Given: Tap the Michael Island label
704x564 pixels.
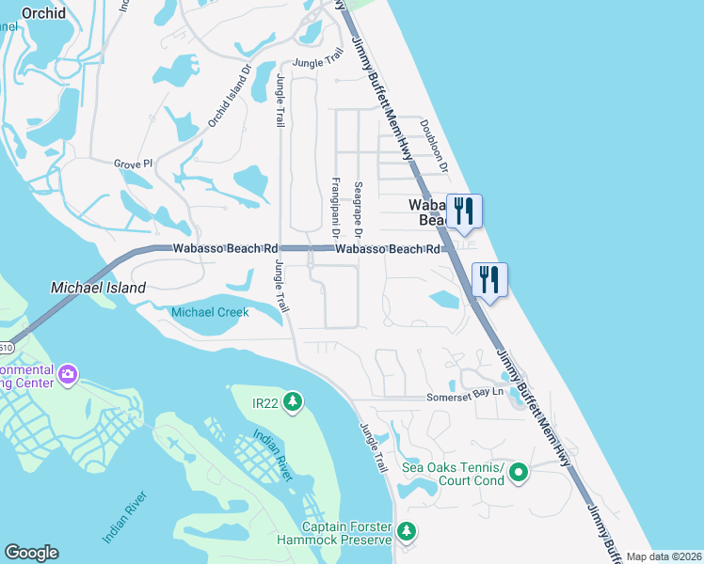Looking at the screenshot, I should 99,287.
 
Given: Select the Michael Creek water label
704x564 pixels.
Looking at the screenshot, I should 208,312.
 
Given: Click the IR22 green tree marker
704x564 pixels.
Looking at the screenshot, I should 293,403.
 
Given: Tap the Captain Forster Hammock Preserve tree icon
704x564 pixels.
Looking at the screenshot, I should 406,531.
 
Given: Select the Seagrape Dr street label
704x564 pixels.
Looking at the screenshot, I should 358,210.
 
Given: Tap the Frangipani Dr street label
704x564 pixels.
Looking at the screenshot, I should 335,206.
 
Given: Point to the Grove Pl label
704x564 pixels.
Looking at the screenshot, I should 133,164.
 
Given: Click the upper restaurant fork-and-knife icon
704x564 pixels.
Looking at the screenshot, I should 463,211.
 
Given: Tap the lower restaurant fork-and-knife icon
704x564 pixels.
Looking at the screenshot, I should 488,279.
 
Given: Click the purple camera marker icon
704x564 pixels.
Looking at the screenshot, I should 67,375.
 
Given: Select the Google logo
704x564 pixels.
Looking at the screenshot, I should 31,553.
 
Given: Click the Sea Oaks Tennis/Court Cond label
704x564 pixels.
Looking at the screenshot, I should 453,475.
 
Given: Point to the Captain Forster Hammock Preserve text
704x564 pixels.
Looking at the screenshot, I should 346,533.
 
